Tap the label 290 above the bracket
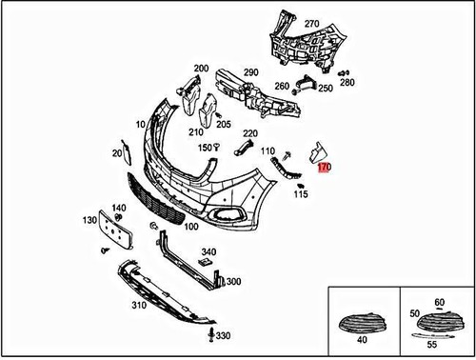tap(250, 72)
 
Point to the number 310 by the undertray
tap(139, 305)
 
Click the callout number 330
tap(223, 336)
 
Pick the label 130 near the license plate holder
tap(89, 220)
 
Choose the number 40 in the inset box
tap(362, 340)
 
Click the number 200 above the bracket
tap(201, 69)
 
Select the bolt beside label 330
tap(210, 336)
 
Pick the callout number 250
tap(326, 89)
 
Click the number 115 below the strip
tap(301, 195)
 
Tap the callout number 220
tap(250, 133)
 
